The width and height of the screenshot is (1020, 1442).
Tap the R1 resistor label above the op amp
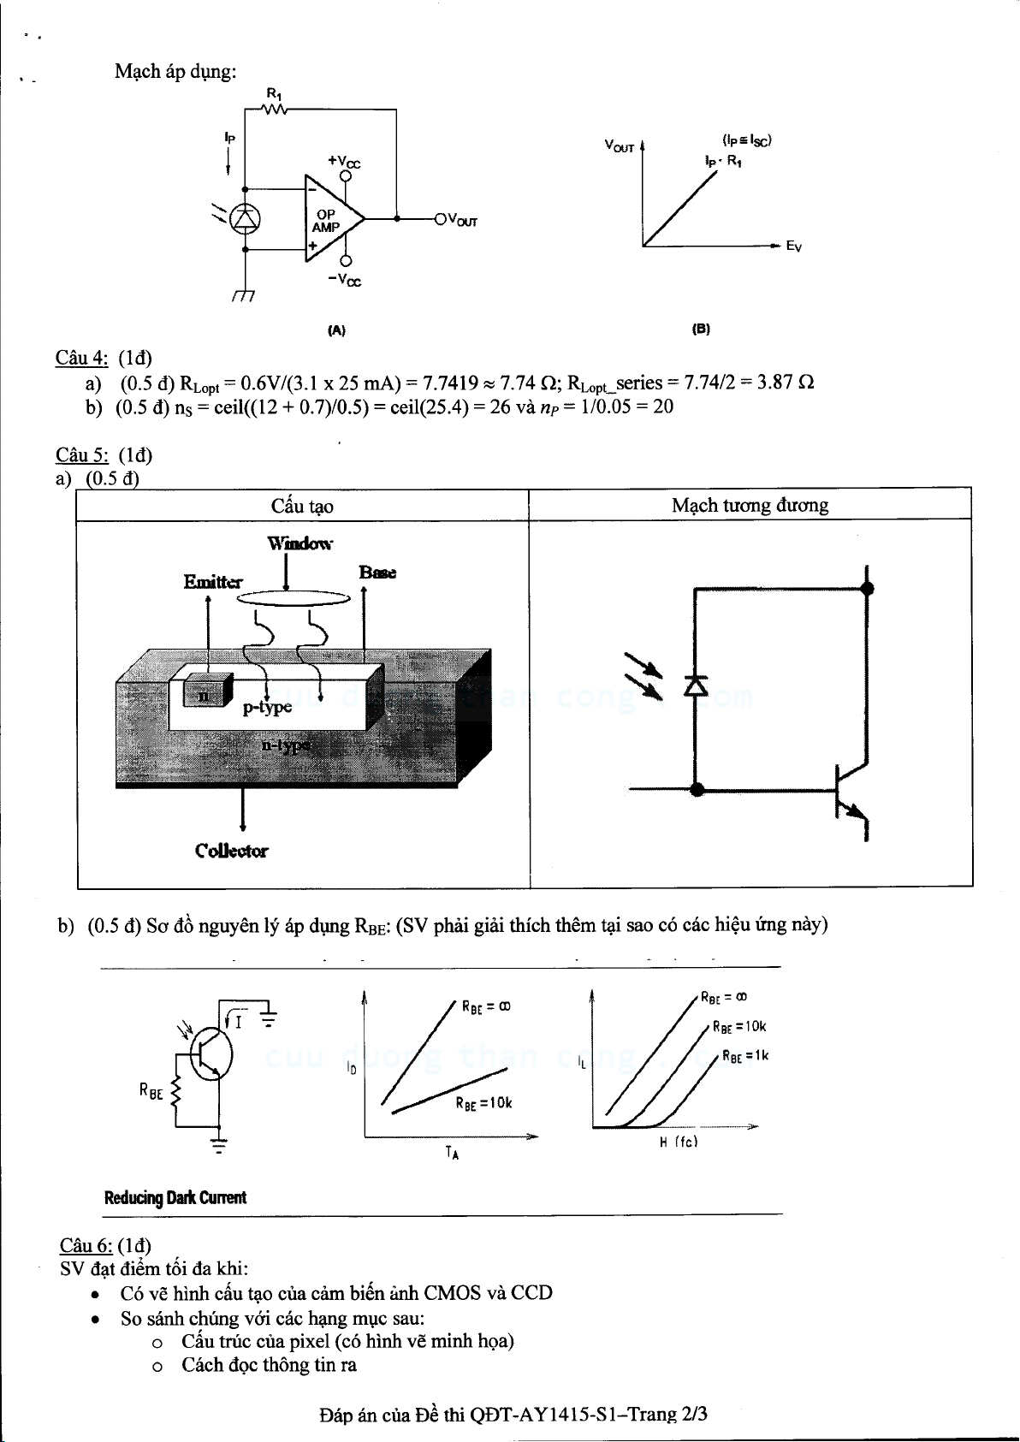274,92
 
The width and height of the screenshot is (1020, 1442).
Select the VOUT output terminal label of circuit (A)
463,221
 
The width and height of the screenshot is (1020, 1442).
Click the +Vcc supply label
344,160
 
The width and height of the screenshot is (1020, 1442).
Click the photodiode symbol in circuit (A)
246,219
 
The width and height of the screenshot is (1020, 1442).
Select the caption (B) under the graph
701,329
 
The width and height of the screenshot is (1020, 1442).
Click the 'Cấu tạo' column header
302,506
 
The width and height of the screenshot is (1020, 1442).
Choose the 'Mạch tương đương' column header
750,505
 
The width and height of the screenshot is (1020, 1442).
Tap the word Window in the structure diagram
299,543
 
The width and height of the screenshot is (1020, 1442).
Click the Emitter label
213,582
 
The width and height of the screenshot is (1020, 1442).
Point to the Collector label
231,851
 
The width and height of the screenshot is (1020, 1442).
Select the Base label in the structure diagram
377,573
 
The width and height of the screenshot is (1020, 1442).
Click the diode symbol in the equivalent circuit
695,685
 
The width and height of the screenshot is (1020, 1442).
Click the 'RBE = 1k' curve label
745,1056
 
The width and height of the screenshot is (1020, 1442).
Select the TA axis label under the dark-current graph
452,1154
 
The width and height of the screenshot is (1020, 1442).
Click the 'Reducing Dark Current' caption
175,1197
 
